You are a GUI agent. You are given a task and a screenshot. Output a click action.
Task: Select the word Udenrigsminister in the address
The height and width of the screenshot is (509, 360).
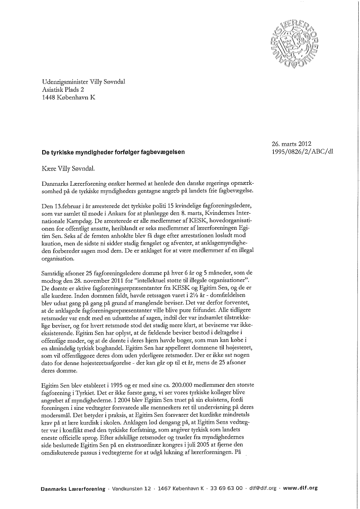64,81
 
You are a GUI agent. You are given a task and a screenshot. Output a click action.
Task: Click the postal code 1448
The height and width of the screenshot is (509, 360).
50,97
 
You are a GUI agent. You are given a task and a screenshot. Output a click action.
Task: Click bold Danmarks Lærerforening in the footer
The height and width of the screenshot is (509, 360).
73,489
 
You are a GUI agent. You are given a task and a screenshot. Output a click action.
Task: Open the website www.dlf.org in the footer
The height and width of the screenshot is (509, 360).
300,489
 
